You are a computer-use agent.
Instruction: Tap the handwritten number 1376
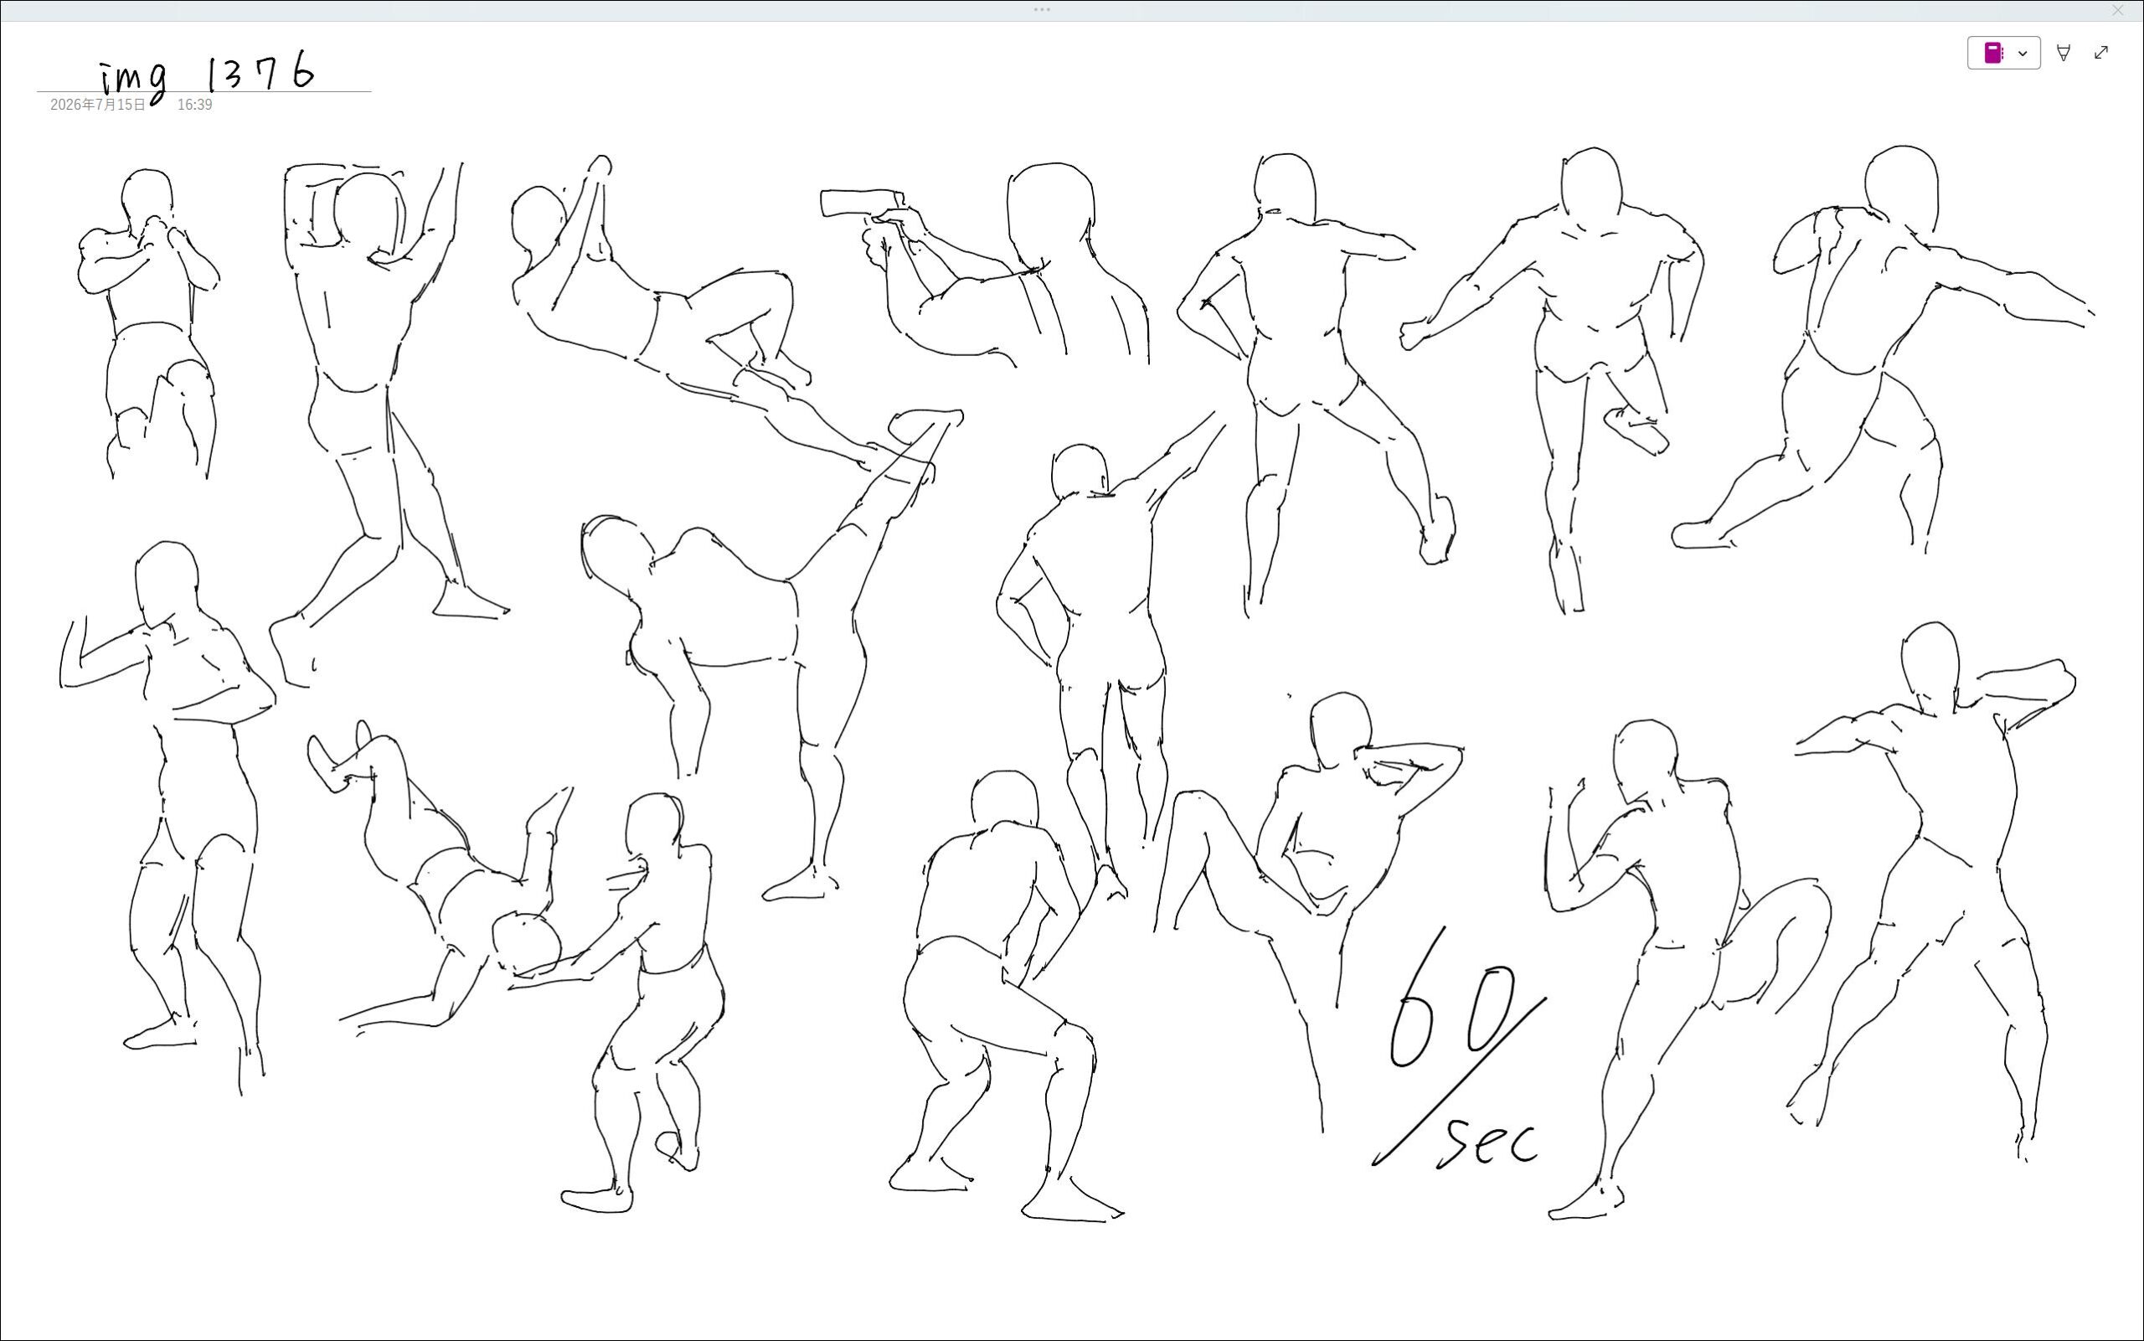click(x=260, y=71)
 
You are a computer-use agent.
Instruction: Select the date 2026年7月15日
click(x=97, y=105)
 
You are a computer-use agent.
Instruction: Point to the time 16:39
click(x=194, y=105)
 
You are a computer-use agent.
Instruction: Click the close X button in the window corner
click(x=2117, y=11)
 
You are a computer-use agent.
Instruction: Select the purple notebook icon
click(x=1992, y=54)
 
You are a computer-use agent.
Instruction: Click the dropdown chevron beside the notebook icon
click(x=2023, y=54)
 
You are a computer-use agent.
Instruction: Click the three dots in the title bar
click(x=1042, y=10)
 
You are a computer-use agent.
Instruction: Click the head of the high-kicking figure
click(x=616, y=554)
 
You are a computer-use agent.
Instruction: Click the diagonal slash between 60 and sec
click(x=1460, y=1081)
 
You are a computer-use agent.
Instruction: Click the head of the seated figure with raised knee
click(x=1340, y=730)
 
